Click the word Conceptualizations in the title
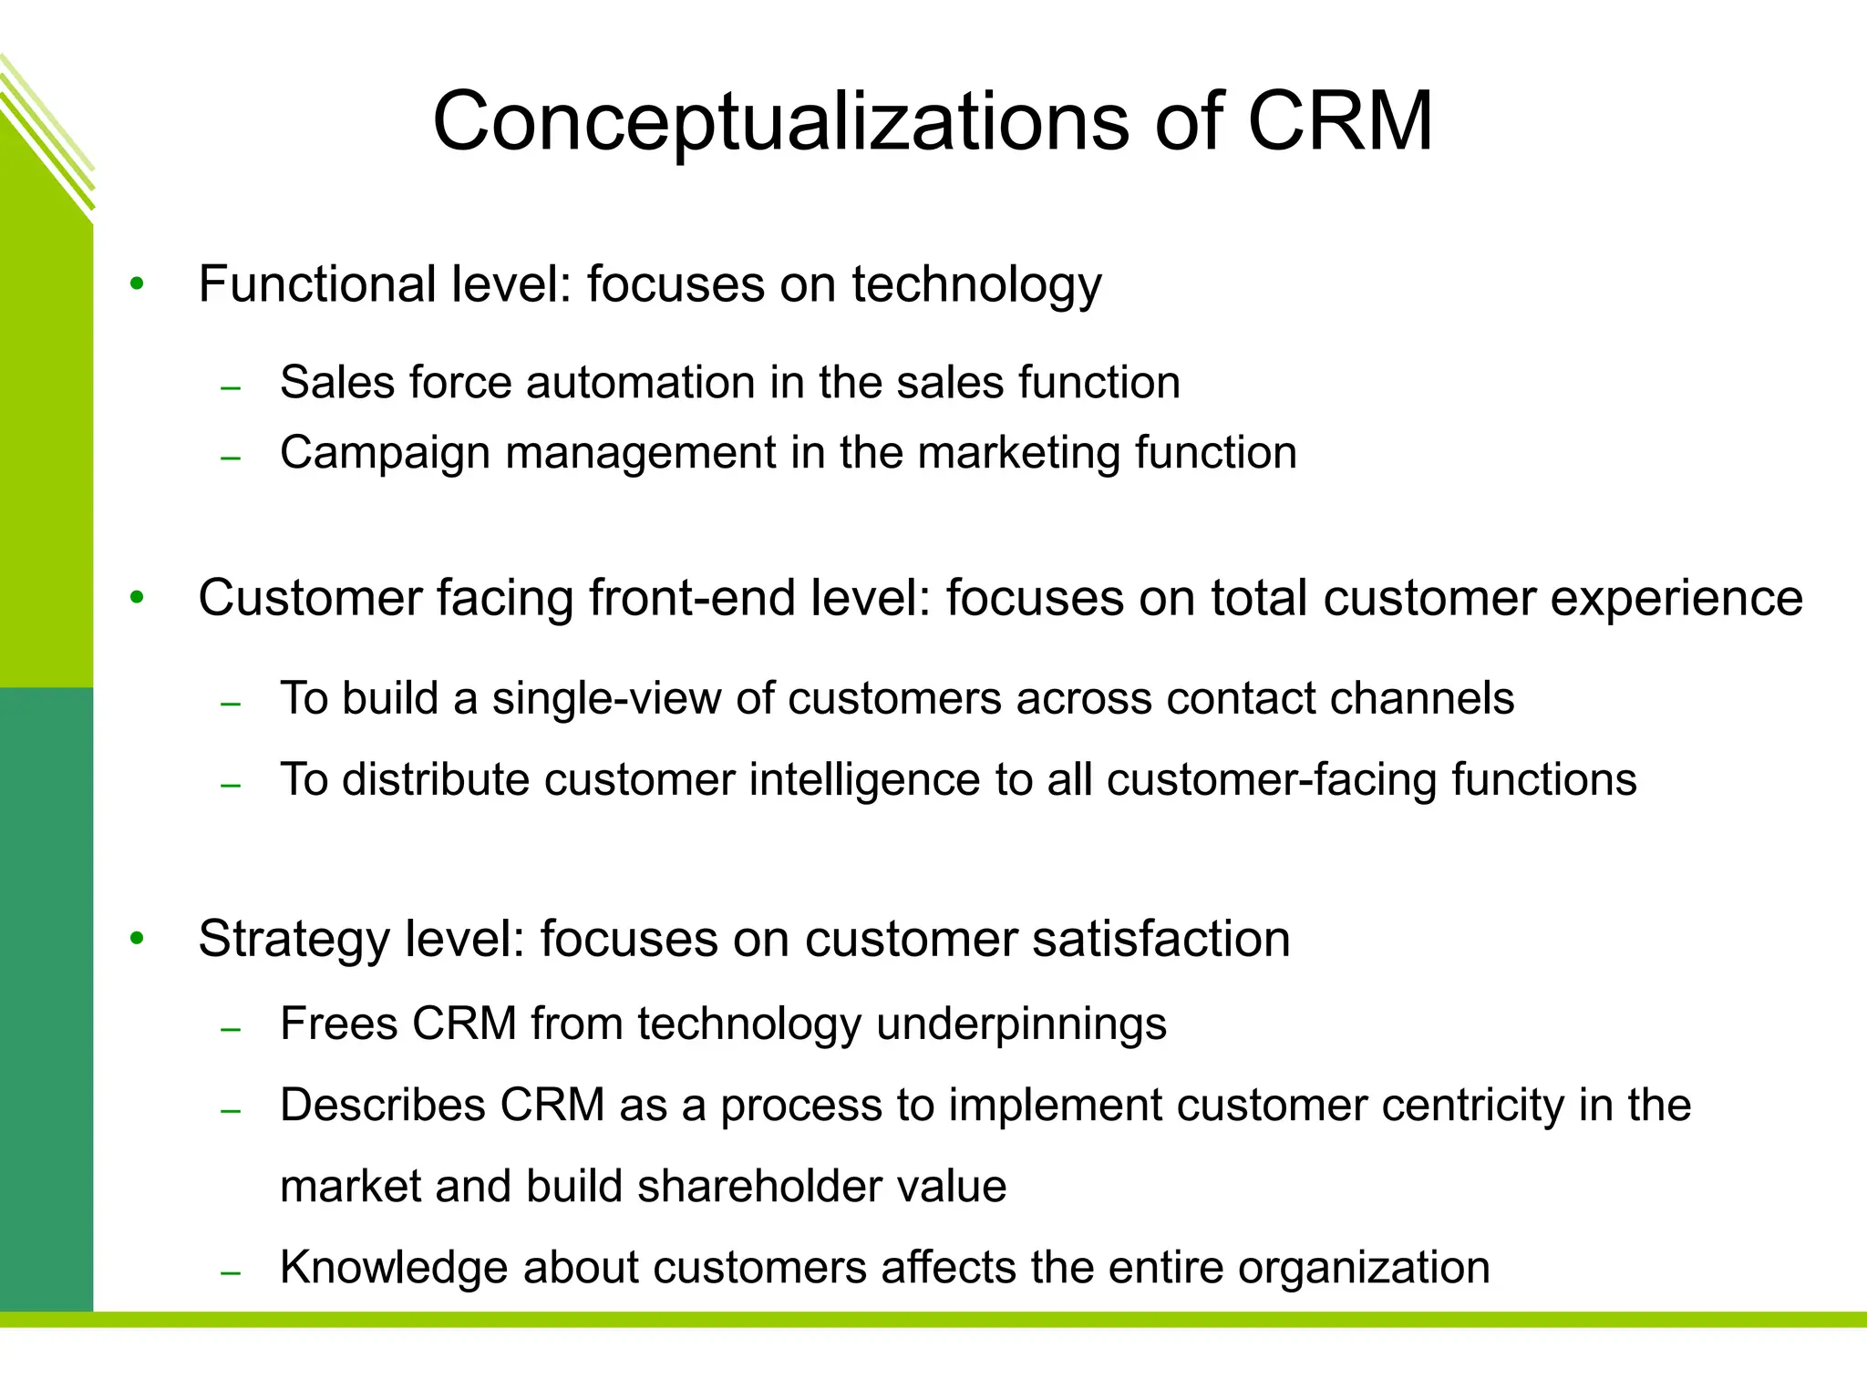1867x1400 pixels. pyautogui.click(x=780, y=122)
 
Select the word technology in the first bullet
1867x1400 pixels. pyautogui.click(x=976, y=285)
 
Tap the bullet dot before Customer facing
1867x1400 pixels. pyautogui.click(x=137, y=599)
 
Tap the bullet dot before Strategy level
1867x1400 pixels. pyautogui.click(x=137, y=939)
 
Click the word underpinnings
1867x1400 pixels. pyautogui.click(x=1021, y=1024)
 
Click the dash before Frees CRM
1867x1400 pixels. pyautogui.click(x=231, y=1029)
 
